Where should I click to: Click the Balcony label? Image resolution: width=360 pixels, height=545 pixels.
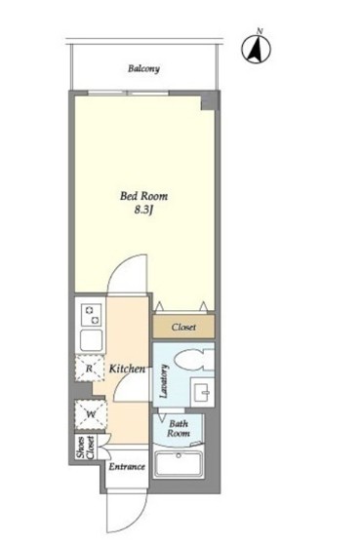click(x=143, y=68)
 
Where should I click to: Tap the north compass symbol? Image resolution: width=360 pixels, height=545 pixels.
click(x=257, y=49)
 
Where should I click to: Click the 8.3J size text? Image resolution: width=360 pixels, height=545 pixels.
click(x=143, y=211)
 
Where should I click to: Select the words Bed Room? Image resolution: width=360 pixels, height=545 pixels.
click(x=143, y=196)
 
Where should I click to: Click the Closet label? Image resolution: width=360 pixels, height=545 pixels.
click(x=183, y=327)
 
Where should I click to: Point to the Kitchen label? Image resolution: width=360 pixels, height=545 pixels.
click(x=127, y=369)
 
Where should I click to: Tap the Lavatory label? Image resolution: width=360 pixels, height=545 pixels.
click(x=164, y=381)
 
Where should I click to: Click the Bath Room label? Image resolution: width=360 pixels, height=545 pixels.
click(x=179, y=429)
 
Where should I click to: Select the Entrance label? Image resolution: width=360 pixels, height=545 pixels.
click(x=127, y=466)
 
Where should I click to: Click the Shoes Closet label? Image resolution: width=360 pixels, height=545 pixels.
click(x=85, y=448)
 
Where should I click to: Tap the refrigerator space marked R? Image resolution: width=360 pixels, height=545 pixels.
click(x=90, y=369)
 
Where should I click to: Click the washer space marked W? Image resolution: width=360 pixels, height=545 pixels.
click(x=91, y=414)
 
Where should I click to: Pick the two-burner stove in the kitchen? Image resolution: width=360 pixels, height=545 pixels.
click(x=91, y=315)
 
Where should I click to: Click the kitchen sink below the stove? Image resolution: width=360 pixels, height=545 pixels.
click(x=91, y=340)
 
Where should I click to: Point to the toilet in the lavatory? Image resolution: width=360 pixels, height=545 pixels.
click(x=194, y=361)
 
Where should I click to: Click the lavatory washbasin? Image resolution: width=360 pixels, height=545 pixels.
click(x=202, y=392)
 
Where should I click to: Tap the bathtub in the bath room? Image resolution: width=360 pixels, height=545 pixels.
click(x=179, y=464)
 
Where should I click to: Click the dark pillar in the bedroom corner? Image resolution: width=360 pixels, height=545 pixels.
click(x=210, y=101)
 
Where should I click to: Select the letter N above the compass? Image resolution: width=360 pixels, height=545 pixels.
click(x=260, y=31)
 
